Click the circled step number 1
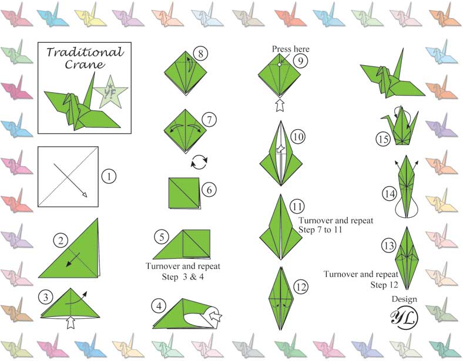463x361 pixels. (109, 176)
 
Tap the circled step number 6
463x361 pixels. (208, 190)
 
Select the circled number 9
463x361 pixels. (300, 60)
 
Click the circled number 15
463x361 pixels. (383, 139)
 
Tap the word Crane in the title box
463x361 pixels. (84, 65)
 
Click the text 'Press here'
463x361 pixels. (290, 49)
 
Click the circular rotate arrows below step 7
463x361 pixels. (201, 161)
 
